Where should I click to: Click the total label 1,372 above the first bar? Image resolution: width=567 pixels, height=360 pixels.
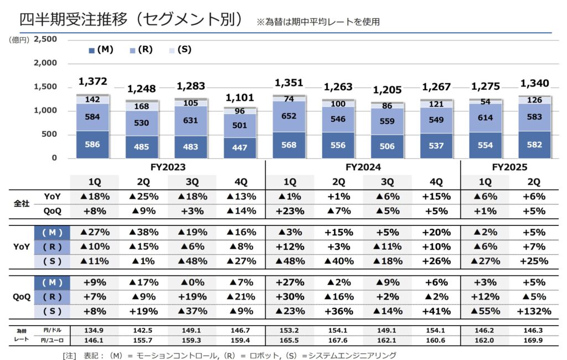(x=92, y=82)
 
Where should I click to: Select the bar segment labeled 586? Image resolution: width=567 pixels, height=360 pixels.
(x=92, y=145)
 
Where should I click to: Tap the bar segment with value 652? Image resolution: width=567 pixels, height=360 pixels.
(x=290, y=117)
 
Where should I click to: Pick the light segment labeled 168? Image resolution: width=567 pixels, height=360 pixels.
(x=141, y=106)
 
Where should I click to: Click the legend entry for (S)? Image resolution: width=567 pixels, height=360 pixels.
(x=181, y=49)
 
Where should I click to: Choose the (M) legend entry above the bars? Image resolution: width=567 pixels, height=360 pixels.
(x=101, y=49)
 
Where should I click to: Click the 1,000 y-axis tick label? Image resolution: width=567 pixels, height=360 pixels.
(x=45, y=111)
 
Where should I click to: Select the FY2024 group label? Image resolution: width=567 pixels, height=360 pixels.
(x=363, y=167)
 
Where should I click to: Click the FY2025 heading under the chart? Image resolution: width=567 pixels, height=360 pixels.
(x=509, y=167)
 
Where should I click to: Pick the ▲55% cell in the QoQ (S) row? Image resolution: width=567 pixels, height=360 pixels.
(x=485, y=311)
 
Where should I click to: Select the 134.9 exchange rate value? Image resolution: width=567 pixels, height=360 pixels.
(x=92, y=330)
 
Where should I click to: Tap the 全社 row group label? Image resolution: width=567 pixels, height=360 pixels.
(x=20, y=203)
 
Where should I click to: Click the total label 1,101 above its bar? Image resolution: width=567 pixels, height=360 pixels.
(x=240, y=98)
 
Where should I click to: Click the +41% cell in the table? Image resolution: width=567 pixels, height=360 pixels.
(x=436, y=311)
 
